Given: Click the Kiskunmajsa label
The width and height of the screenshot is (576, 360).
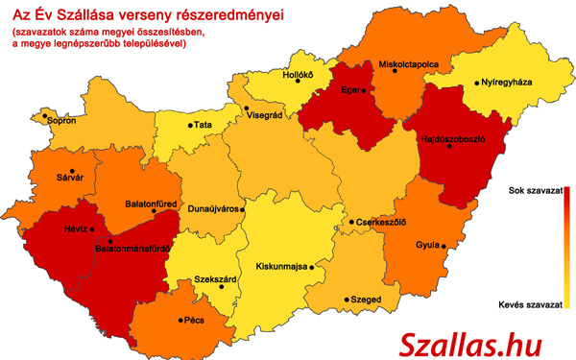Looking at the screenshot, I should click(279, 266).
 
